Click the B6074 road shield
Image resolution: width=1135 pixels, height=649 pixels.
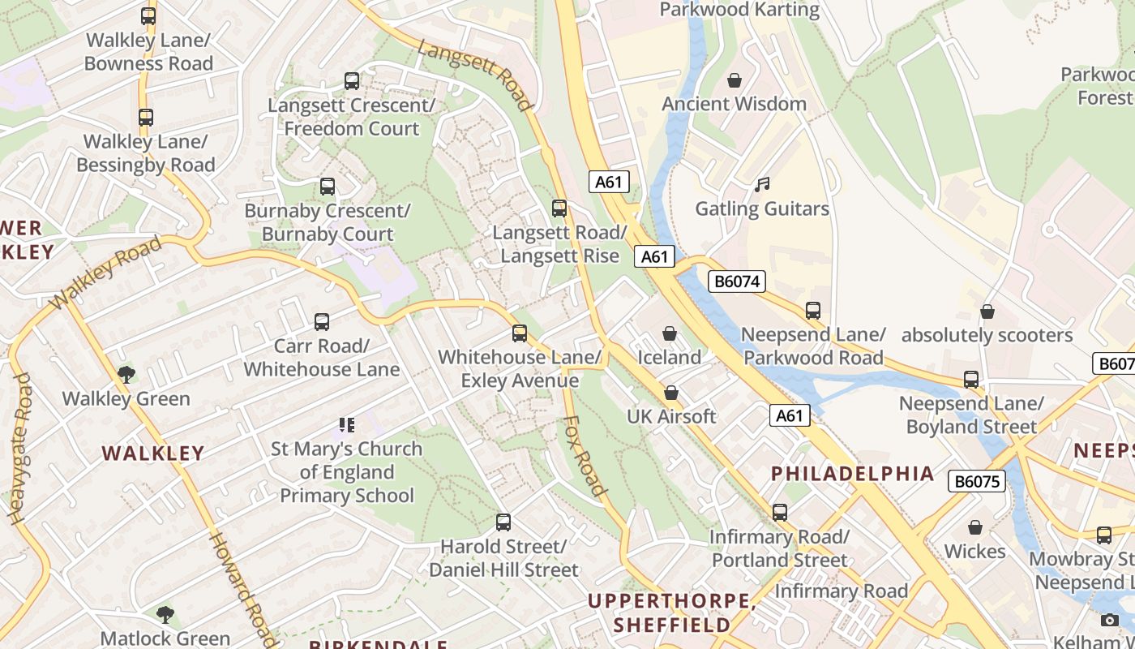click(x=737, y=282)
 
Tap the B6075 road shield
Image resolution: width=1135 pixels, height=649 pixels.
click(x=976, y=481)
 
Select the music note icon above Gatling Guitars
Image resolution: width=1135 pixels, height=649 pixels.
click(x=761, y=185)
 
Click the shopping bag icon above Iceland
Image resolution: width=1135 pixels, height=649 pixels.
click(x=670, y=333)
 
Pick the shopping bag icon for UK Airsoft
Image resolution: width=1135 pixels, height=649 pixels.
click(x=671, y=393)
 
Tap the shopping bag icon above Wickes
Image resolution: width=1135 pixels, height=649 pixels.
click(x=975, y=528)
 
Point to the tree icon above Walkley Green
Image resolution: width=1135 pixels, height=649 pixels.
click(x=126, y=374)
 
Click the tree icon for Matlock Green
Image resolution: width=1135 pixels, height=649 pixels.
click(x=165, y=614)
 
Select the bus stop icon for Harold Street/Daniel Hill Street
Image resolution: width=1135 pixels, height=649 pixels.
click(x=503, y=522)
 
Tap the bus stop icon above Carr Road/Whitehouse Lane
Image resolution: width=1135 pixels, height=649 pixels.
click(x=322, y=322)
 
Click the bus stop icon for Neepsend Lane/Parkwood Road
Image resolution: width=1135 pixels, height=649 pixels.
click(x=813, y=311)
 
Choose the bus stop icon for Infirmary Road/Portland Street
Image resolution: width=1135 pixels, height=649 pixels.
click(x=779, y=513)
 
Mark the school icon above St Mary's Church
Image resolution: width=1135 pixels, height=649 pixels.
click(x=347, y=425)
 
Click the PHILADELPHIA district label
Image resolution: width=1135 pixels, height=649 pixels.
click(x=852, y=474)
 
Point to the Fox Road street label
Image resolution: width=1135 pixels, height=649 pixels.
click(x=585, y=456)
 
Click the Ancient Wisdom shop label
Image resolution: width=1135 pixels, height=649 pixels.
click(x=734, y=104)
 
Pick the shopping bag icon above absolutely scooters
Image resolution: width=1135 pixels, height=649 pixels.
click(x=987, y=312)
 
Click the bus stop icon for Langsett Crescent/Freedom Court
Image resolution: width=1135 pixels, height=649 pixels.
click(x=352, y=81)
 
